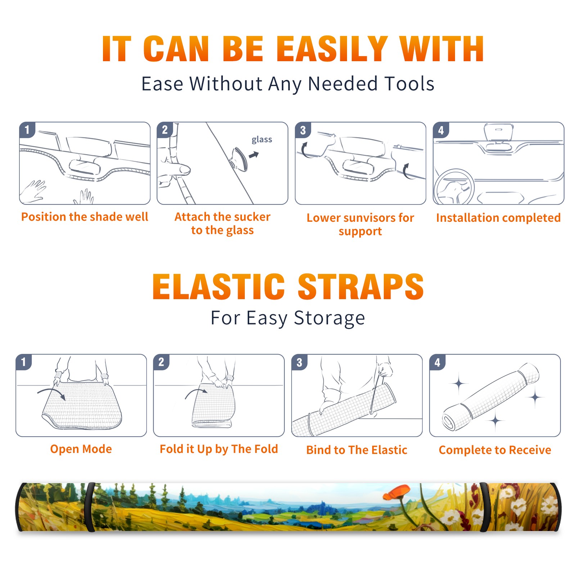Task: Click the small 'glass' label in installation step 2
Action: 262,140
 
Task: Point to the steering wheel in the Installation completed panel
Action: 454,187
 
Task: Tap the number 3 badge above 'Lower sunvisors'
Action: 303,130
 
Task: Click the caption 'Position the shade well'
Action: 85,217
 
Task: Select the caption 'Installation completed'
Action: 498,218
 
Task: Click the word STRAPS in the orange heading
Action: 361,287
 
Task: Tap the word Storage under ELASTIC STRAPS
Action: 329,318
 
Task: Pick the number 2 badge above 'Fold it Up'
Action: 161,362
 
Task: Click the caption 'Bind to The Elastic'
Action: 357,450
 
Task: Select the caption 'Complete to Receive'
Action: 495,450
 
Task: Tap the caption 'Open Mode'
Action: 81,449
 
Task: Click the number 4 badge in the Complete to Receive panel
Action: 437,362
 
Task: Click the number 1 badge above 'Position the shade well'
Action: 27,130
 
